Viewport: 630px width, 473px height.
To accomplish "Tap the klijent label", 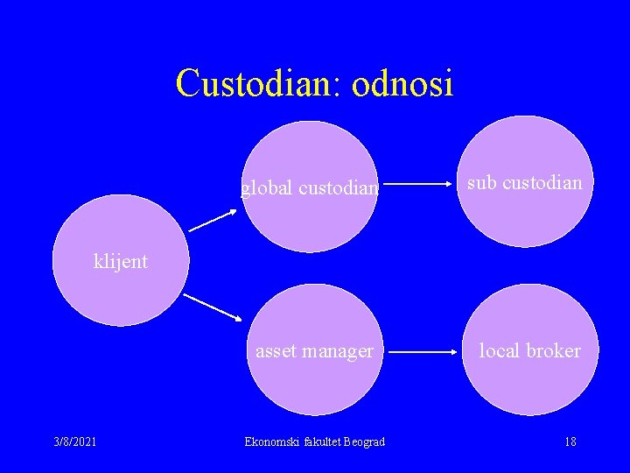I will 121,261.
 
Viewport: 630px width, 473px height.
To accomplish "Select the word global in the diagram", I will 267,188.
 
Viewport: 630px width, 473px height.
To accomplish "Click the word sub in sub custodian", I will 481,182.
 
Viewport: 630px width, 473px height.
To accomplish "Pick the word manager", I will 338,351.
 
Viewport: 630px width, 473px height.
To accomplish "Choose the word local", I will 500,350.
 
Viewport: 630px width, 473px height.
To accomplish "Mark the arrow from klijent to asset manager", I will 212,306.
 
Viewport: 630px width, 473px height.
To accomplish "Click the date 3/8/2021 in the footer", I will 74,441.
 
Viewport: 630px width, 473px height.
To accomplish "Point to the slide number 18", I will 570,441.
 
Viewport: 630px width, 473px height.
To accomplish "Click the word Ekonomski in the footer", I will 272,441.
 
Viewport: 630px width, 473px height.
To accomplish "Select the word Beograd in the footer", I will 363,441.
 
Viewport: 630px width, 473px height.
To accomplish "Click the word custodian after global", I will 339,188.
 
